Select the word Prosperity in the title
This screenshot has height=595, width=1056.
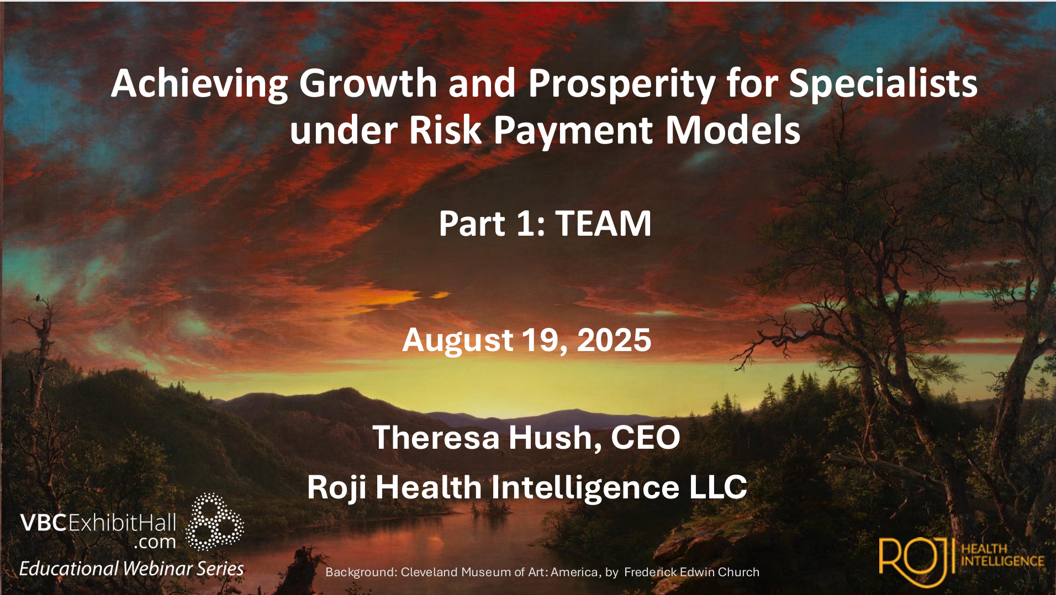click(x=622, y=84)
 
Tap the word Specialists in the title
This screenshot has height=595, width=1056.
click(x=883, y=84)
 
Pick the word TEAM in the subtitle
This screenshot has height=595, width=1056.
click(x=603, y=224)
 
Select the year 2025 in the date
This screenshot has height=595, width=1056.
click(x=614, y=340)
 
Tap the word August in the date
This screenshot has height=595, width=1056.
click(x=458, y=341)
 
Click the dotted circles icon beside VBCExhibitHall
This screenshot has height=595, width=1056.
click(x=214, y=522)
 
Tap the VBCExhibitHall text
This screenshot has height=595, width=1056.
click(x=98, y=522)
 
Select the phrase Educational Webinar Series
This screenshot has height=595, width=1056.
click(x=131, y=569)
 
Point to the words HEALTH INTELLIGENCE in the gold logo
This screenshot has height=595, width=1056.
click(x=1002, y=555)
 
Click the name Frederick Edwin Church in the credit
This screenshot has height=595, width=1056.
click(x=691, y=572)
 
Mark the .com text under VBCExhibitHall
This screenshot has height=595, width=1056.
click(x=155, y=543)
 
